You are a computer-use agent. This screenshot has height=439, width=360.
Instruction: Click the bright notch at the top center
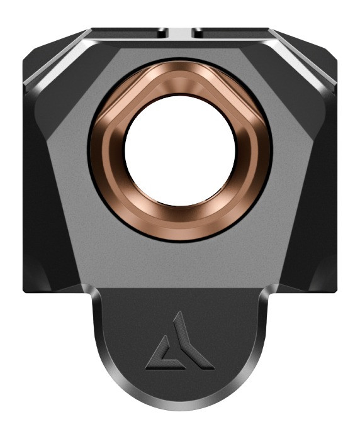[180, 32]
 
